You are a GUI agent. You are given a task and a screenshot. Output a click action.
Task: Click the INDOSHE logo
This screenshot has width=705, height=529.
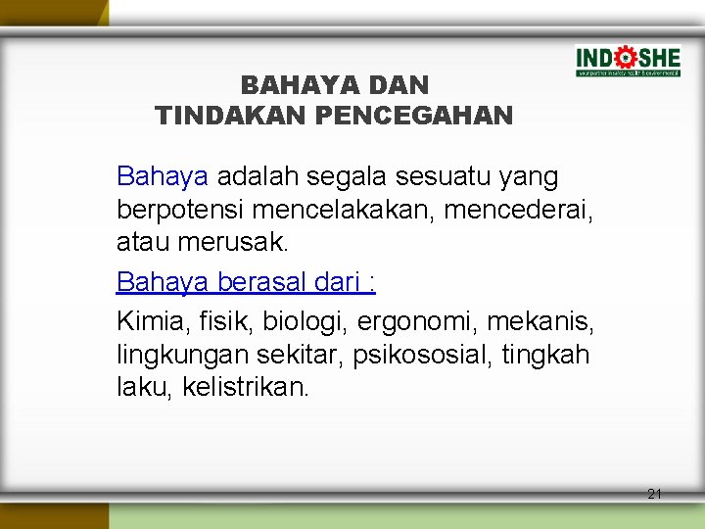(x=628, y=61)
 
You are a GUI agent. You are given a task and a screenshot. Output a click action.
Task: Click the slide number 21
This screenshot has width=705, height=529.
(x=655, y=494)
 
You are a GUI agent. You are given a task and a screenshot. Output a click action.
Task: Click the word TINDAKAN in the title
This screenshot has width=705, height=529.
(x=231, y=117)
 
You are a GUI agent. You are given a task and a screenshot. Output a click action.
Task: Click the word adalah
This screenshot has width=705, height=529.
(x=260, y=177)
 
